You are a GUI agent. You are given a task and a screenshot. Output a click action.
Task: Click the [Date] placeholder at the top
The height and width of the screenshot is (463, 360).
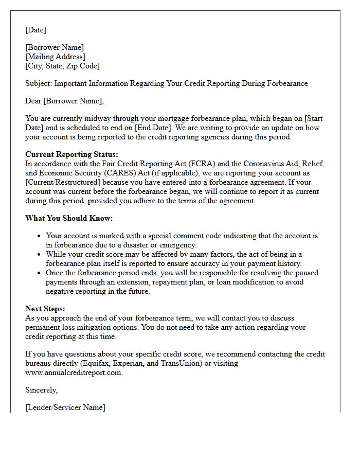35,30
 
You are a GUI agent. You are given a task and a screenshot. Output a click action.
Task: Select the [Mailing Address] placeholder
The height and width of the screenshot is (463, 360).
55,57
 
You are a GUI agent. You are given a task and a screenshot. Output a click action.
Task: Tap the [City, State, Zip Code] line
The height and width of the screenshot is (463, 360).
62,66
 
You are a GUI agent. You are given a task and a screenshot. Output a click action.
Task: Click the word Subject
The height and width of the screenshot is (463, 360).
38,83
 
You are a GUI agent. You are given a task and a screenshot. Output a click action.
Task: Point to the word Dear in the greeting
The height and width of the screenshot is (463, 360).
33,101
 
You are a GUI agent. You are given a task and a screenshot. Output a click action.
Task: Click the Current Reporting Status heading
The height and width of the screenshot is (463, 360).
71,154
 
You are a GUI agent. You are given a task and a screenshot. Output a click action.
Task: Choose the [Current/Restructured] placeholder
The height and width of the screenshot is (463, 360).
65,182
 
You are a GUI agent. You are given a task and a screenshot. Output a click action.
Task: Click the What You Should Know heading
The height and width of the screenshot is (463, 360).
68,218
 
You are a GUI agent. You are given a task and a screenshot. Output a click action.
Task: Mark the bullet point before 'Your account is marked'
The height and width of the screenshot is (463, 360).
40,236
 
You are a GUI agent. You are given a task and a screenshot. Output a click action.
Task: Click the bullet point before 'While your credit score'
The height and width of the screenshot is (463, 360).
40,255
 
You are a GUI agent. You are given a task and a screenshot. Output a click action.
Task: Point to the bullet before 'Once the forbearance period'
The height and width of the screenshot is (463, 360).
40,273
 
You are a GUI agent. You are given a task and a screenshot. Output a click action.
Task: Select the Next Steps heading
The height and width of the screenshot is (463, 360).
45,309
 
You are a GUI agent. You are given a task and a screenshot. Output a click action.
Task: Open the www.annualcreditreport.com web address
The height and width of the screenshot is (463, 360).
74,372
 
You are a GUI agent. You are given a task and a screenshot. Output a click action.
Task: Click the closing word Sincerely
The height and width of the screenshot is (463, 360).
41,390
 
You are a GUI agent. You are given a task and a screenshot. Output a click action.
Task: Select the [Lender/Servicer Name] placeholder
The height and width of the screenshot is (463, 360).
65,407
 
